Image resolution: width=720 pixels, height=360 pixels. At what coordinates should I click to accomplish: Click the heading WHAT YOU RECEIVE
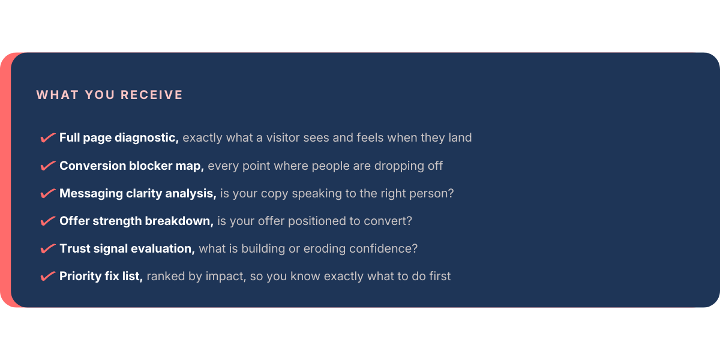[110, 95]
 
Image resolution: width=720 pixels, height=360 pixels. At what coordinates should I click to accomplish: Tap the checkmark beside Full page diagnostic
[48, 137]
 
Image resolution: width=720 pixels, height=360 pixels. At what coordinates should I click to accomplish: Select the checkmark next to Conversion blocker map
[48, 166]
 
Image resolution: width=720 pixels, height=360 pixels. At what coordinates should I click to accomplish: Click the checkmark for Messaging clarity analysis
[48, 193]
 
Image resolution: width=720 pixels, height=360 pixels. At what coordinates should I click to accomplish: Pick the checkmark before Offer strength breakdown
[48, 221]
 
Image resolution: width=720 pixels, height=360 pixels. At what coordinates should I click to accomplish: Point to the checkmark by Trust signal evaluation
[48, 248]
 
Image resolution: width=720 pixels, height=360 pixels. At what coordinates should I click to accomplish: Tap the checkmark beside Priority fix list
[48, 276]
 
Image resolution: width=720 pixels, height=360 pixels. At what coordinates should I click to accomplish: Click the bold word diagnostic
[146, 138]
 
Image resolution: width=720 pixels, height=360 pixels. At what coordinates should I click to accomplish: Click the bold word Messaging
[91, 194]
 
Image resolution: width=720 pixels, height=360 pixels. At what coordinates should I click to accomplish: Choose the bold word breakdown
[179, 221]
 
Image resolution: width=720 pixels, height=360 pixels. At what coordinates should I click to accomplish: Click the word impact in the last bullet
[226, 277]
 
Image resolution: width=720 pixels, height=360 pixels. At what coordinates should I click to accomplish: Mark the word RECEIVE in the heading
[152, 95]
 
